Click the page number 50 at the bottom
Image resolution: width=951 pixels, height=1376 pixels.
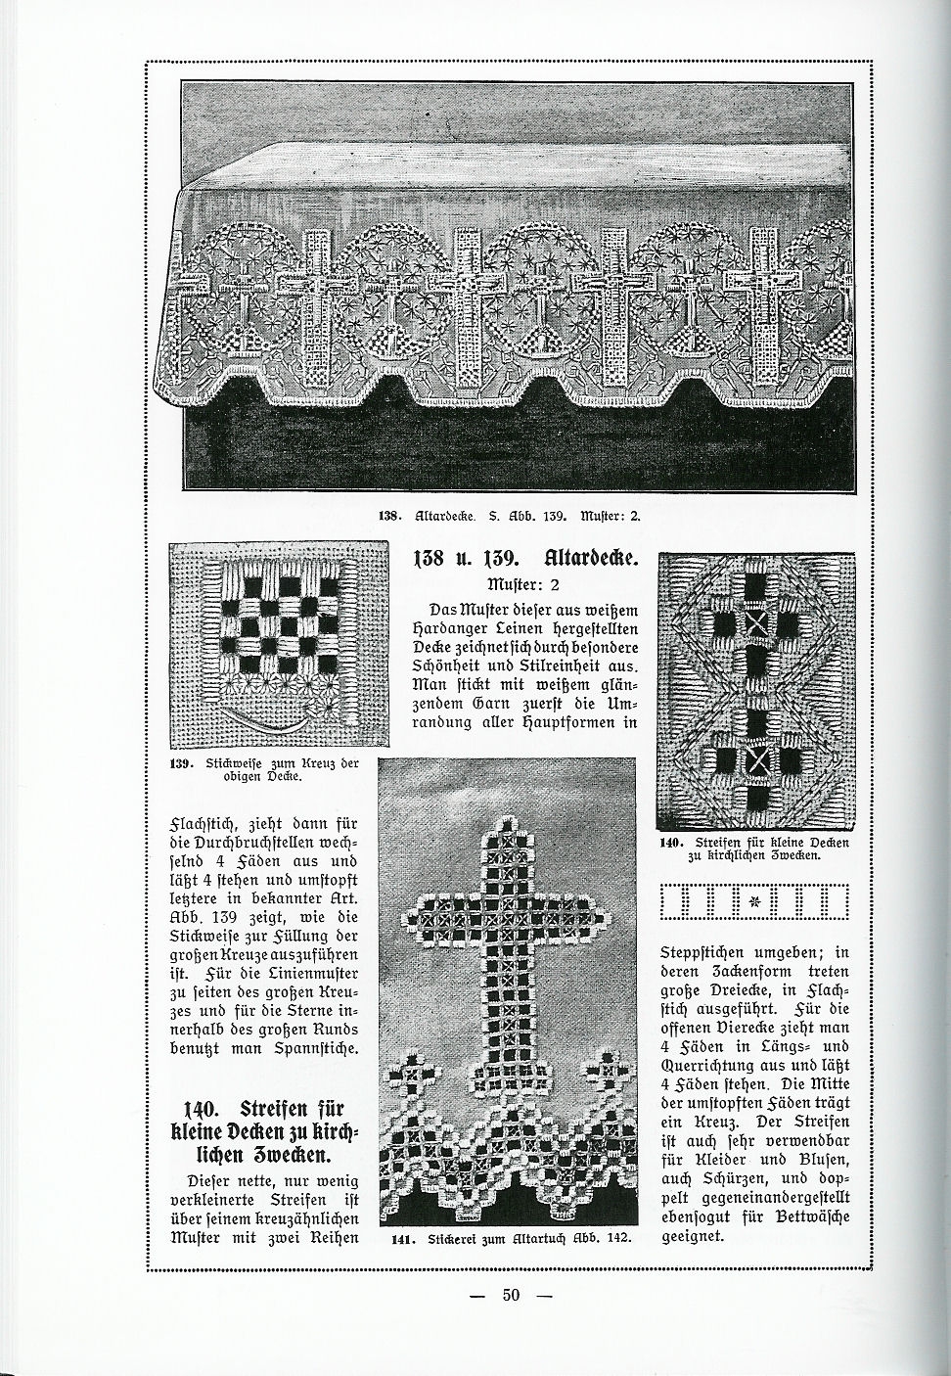click(510, 1296)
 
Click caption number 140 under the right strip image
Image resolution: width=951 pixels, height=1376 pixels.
click(671, 842)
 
